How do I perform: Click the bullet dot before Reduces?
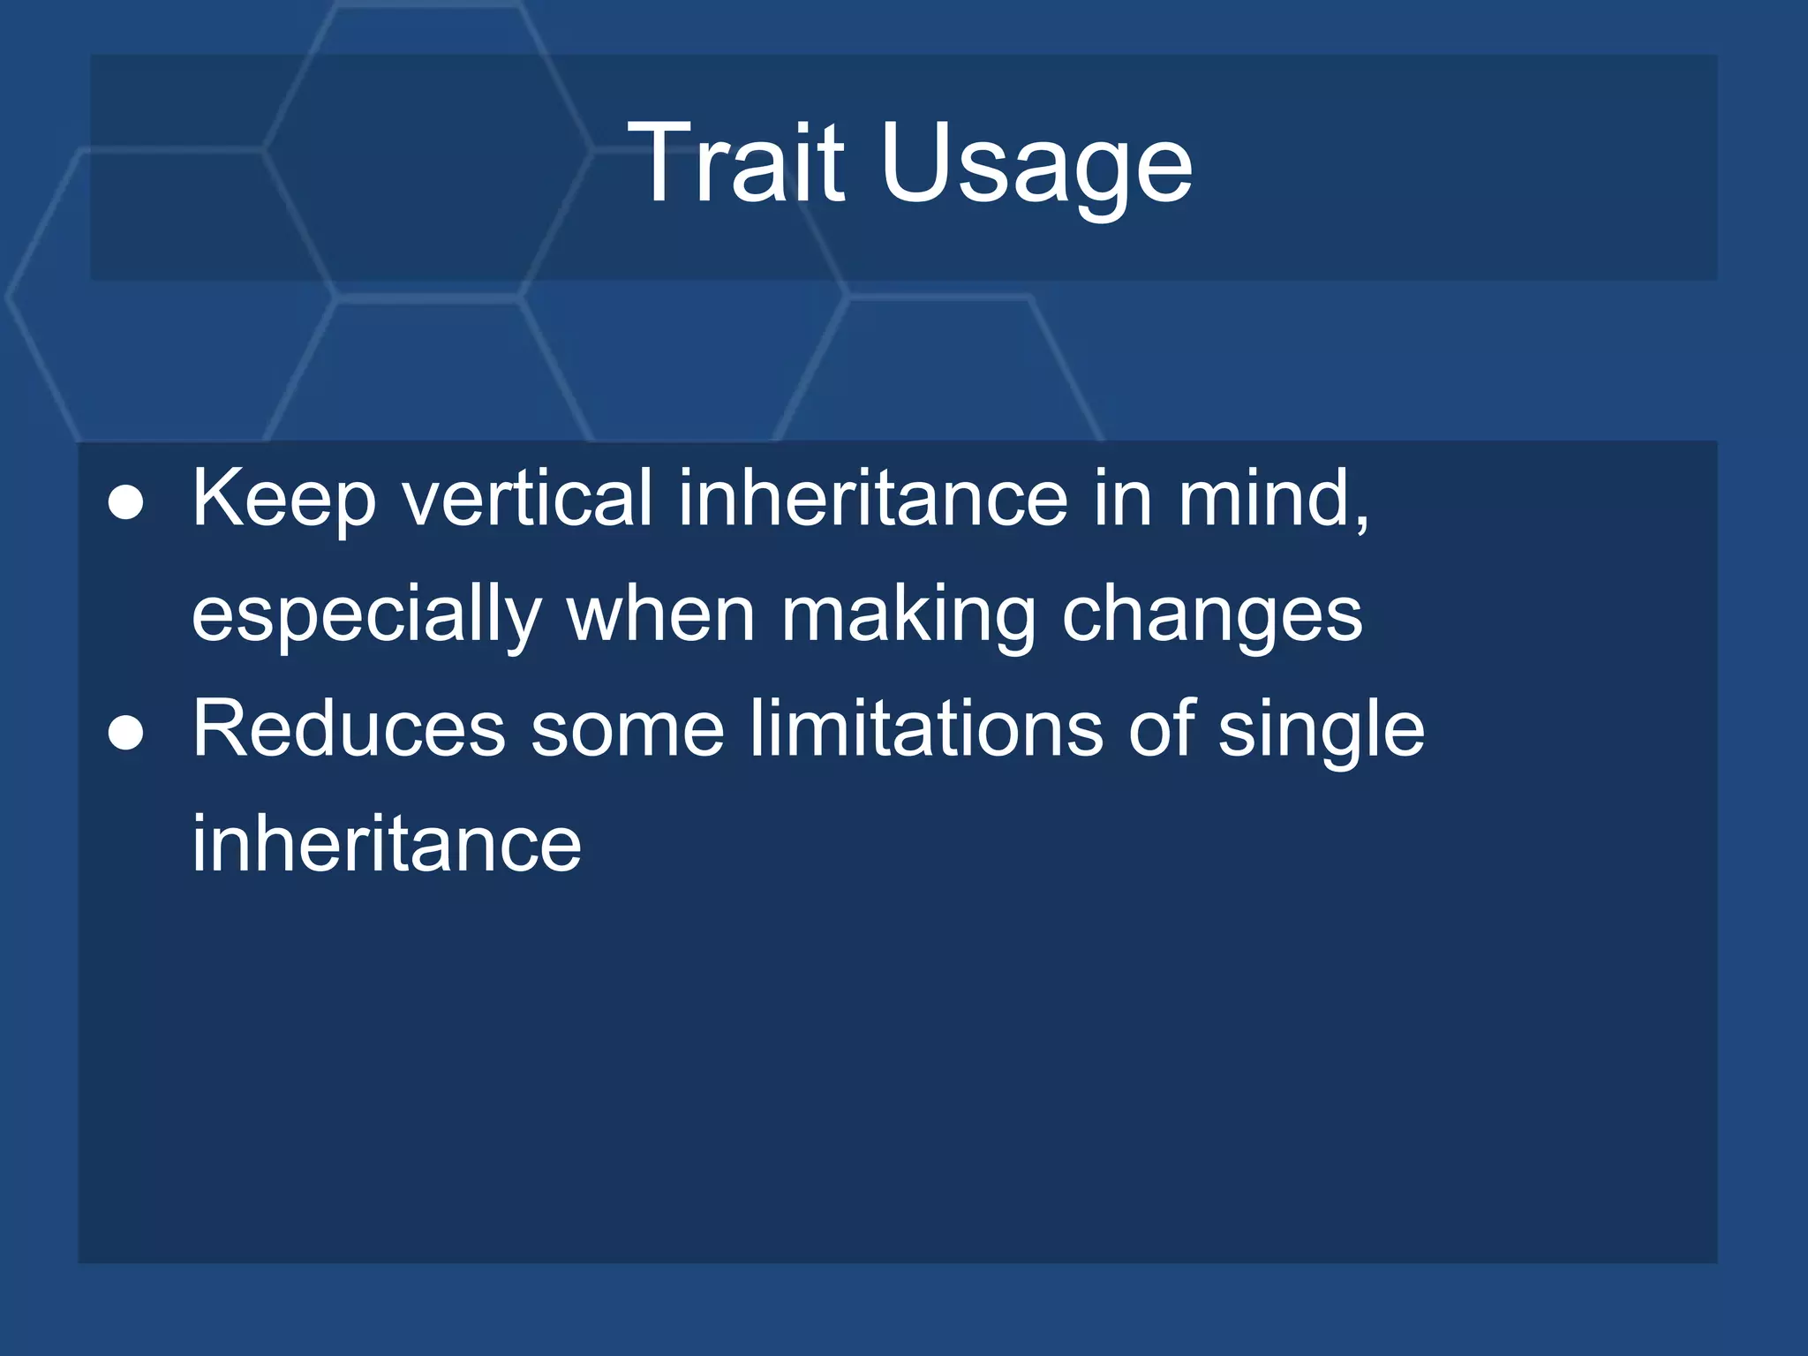125,733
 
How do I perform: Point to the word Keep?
284,500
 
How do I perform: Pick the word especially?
366,616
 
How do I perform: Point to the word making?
908,616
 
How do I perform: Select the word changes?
1211,616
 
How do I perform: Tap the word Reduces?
349,729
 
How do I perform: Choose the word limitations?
926,729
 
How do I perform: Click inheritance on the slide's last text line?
387,844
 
